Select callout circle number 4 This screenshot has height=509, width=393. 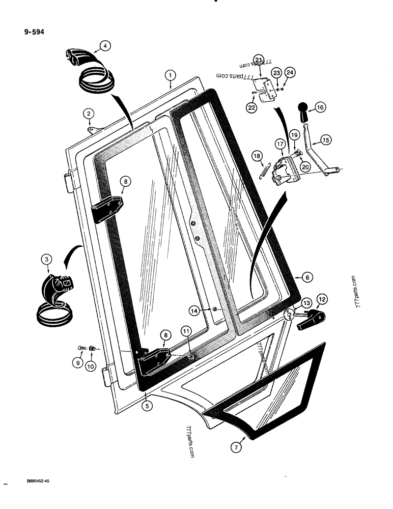click(x=104, y=46)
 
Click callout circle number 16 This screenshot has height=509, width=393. click(x=320, y=107)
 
